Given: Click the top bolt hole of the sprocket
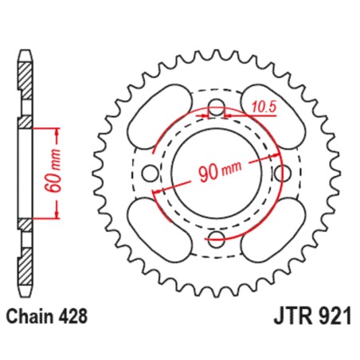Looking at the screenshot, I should [216, 109].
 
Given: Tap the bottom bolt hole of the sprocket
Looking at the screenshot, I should [216, 237].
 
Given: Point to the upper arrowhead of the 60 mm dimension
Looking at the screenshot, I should [57, 130].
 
